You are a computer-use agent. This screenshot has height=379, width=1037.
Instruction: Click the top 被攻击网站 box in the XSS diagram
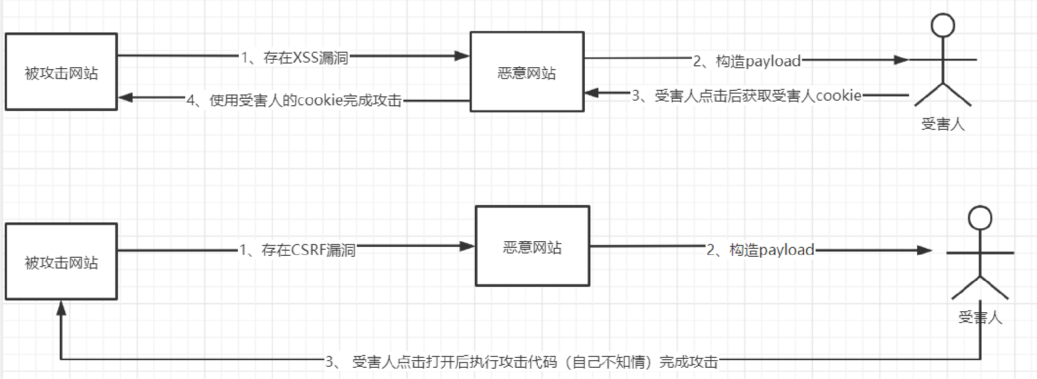[x=61, y=72]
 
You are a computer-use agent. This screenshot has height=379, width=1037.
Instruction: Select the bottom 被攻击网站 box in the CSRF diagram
[x=61, y=261]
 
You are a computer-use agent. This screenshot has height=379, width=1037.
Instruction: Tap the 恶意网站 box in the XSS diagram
[x=527, y=72]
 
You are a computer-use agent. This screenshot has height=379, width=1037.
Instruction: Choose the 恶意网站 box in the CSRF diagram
[x=532, y=246]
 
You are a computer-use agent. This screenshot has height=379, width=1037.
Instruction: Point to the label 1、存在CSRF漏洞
[x=298, y=249]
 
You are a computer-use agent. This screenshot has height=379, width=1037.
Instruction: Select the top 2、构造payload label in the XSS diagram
[x=747, y=61]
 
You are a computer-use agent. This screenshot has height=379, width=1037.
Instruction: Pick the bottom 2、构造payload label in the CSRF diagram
[x=761, y=250]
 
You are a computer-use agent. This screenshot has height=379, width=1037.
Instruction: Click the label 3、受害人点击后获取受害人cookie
[x=746, y=95]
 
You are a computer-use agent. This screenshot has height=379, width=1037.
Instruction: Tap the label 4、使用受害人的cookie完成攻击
[x=294, y=100]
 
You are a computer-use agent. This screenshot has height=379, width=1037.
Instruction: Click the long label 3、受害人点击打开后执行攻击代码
[x=522, y=361]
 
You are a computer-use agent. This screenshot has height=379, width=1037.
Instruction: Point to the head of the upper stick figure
[x=943, y=25]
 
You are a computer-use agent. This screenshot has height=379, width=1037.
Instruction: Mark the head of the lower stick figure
[x=980, y=218]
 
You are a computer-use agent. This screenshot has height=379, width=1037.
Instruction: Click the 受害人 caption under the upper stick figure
[x=943, y=124]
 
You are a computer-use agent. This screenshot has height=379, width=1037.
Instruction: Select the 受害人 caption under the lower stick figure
[x=980, y=317]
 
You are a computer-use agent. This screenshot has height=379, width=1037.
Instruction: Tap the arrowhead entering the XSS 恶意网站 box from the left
[x=463, y=56]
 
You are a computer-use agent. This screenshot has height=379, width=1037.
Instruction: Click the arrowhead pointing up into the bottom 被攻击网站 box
[x=61, y=308]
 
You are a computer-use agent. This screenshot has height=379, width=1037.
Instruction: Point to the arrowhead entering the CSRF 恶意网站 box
[x=467, y=246]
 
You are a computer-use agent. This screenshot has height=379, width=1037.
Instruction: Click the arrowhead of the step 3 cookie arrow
[x=591, y=93]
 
